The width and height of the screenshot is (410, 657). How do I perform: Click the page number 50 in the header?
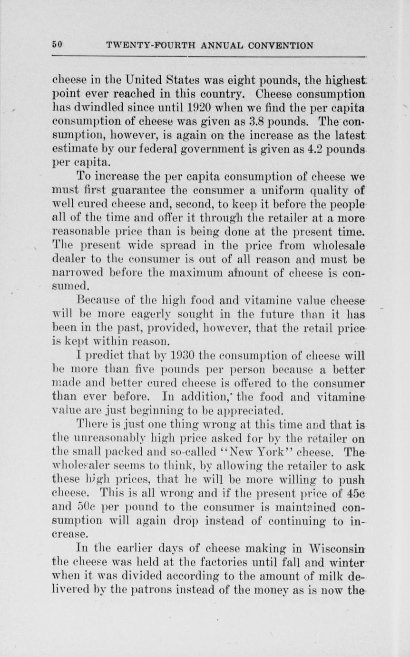(x=57, y=46)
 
